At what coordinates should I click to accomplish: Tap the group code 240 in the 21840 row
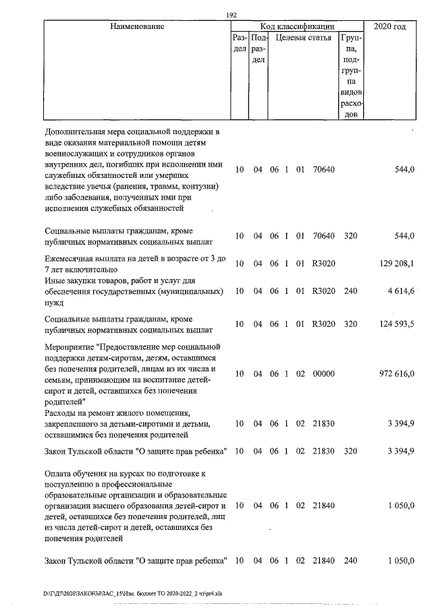pos(350,561)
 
